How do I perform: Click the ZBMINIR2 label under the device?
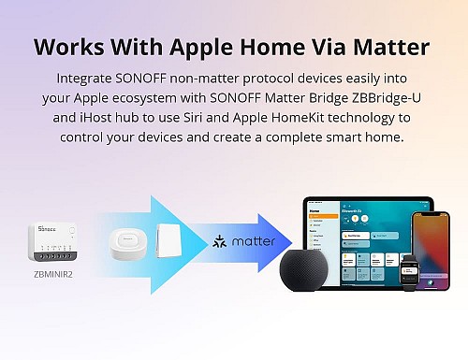click(53, 275)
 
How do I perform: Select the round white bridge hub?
click(127, 242)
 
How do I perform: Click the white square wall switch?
click(168, 239)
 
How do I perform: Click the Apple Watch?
click(410, 275)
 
